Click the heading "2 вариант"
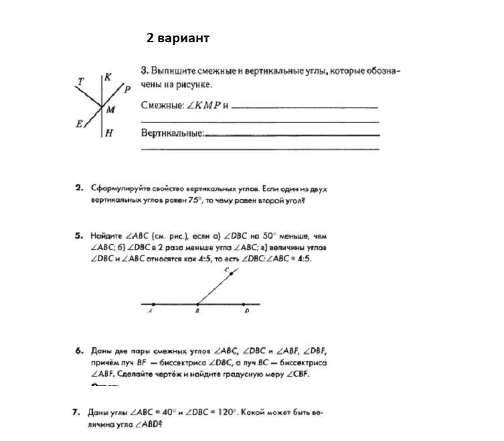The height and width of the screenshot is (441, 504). (x=178, y=38)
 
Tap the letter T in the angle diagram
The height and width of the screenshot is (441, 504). (x=81, y=82)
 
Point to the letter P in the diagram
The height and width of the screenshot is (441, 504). (x=127, y=89)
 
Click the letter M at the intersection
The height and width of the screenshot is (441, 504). (x=110, y=109)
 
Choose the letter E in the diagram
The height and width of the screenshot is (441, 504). (x=79, y=124)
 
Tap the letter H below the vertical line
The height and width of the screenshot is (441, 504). (x=108, y=133)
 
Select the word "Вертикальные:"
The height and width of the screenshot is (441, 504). (x=172, y=133)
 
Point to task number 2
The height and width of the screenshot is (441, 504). (x=79, y=188)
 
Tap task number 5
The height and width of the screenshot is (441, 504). (x=79, y=236)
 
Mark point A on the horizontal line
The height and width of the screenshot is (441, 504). (x=153, y=304)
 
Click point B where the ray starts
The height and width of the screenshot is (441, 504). (x=197, y=304)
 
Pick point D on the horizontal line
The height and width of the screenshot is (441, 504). (x=243, y=304)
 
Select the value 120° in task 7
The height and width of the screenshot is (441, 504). (x=224, y=413)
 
